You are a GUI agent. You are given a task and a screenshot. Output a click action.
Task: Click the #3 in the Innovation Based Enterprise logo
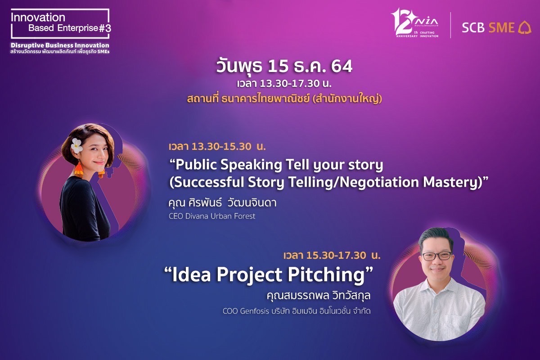[105, 28]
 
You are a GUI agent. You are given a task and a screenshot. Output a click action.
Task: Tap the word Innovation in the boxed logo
[38, 18]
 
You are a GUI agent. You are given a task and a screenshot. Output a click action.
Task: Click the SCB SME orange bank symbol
[525, 28]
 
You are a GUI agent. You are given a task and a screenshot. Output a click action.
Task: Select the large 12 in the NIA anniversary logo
[402, 22]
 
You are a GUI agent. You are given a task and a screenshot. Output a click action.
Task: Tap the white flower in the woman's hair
[77, 145]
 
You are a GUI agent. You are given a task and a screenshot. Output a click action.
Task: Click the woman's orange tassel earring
[78, 170]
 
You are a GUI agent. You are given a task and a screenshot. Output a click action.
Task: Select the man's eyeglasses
[437, 256]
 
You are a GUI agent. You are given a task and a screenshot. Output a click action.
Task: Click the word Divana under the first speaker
[197, 216]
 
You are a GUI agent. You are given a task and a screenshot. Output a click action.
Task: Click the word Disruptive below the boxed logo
[27, 45]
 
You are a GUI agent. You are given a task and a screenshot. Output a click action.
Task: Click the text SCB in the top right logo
[473, 28]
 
